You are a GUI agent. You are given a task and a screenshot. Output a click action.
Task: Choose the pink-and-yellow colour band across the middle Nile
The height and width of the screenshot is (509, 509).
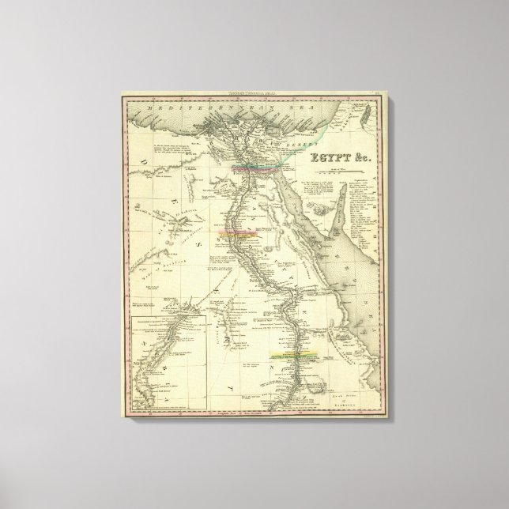click(x=243, y=234)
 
